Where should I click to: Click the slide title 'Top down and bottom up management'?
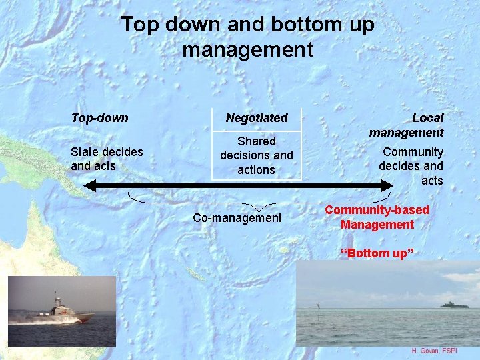click(247, 37)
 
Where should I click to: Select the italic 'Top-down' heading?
click(99, 118)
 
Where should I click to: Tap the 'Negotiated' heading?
click(257, 118)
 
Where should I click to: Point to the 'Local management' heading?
click(407, 125)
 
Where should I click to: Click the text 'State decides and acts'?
click(107, 159)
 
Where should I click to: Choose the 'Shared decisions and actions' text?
click(257, 155)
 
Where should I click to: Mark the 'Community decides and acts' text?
click(411, 166)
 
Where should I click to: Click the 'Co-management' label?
click(237, 218)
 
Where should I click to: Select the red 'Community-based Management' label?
click(377, 217)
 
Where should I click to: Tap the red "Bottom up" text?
click(377, 253)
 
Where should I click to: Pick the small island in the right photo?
click(453, 305)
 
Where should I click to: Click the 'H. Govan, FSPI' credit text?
click(434, 351)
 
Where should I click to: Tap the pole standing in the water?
click(319, 307)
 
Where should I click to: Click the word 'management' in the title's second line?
click(247, 49)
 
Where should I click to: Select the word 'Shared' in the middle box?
click(257, 141)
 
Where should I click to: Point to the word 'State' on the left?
click(85, 152)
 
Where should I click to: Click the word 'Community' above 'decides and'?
click(413, 152)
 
